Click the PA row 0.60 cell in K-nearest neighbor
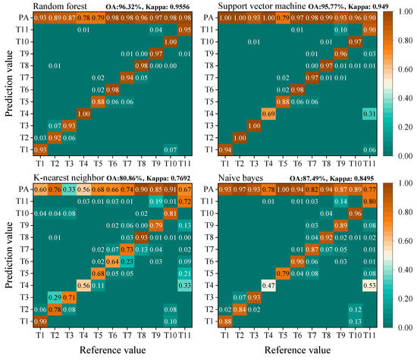[x=40, y=189]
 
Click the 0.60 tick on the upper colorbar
[x=404, y=67]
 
